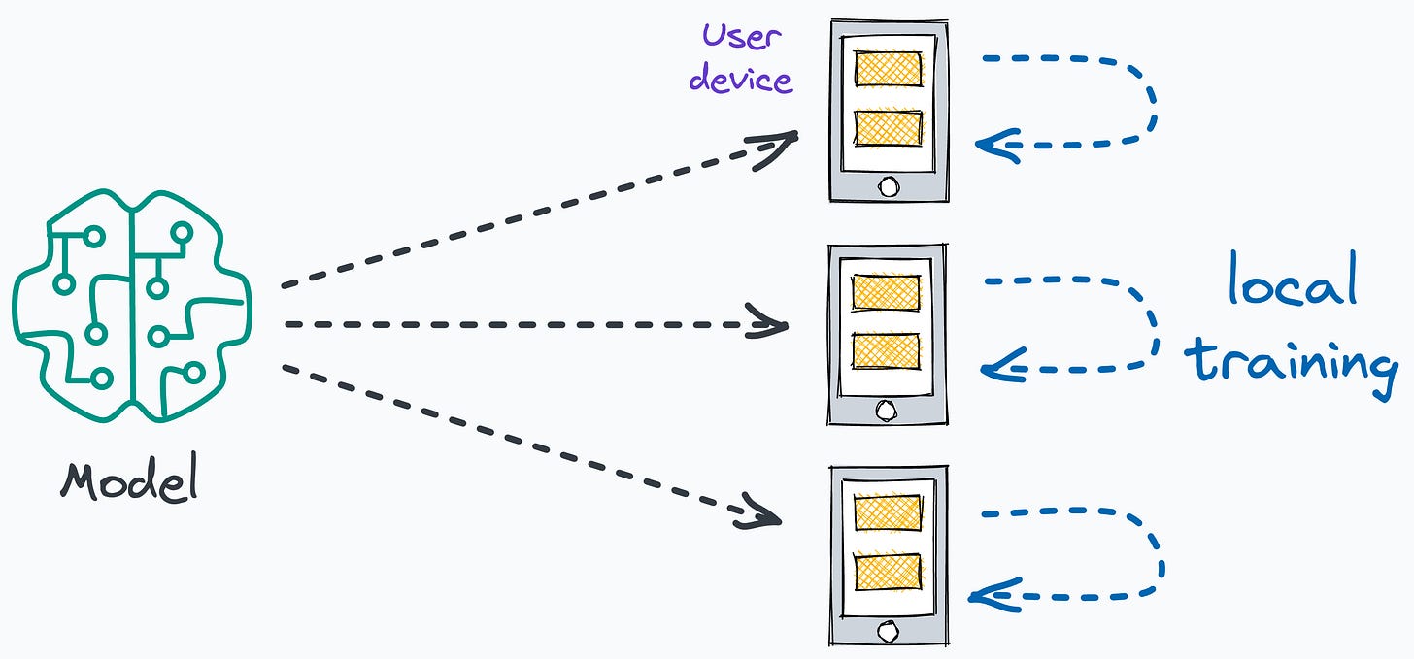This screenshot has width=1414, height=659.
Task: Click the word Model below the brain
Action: (x=129, y=479)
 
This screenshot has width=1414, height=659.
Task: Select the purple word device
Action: (x=741, y=79)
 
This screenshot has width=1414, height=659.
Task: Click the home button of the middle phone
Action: (x=886, y=411)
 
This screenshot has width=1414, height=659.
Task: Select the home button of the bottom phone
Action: (x=888, y=632)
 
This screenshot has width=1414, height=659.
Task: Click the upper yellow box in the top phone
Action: (x=888, y=69)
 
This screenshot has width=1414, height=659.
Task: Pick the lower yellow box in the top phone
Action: (x=888, y=128)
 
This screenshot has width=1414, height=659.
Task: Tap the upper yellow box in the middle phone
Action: (x=886, y=292)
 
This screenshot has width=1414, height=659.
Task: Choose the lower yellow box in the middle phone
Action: (x=886, y=350)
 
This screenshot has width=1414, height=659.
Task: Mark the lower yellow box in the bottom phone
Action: (x=888, y=571)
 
